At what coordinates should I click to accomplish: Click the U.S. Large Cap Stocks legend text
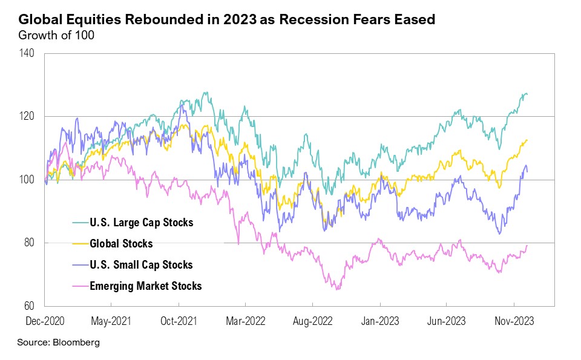[140, 223]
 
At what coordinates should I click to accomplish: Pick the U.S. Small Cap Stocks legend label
[140, 265]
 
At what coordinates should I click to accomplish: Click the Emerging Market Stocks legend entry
[145, 286]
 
